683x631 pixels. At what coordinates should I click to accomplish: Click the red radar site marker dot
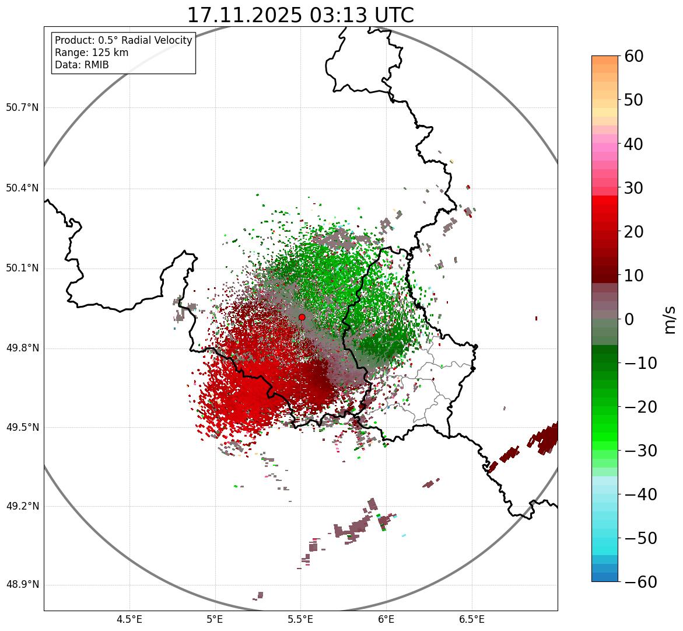click(302, 317)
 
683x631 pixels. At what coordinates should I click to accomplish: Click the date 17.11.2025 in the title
click(244, 15)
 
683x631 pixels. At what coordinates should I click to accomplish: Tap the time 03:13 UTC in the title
click(362, 15)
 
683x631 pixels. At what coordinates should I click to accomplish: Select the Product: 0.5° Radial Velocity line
click(123, 40)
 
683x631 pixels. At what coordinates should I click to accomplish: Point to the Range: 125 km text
click(92, 53)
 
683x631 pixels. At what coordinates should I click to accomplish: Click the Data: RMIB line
click(82, 65)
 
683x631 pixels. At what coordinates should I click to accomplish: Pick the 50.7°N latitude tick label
click(22, 107)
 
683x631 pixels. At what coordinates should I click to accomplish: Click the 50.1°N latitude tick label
click(22, 269)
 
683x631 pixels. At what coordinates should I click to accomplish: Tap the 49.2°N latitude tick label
click(22, 506)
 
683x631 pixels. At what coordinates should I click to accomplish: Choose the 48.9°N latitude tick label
click(22, 585)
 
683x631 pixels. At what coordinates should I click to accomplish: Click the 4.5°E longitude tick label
click(129, 619)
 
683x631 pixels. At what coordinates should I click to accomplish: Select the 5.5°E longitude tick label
click(301, 619)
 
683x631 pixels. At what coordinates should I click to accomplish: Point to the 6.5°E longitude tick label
click(472, 619)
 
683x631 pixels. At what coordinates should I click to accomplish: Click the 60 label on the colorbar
click(634, 56)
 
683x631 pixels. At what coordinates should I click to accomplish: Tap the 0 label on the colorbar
click(629, 319)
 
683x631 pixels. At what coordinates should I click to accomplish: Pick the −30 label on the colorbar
click(640, 451)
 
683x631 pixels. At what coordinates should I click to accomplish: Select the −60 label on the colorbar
click(640, 582)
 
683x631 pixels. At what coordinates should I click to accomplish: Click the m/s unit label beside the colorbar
click(670, 319)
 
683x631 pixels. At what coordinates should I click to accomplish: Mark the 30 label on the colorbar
click(634, 188)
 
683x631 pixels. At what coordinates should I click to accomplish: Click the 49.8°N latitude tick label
click(22, 348)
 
